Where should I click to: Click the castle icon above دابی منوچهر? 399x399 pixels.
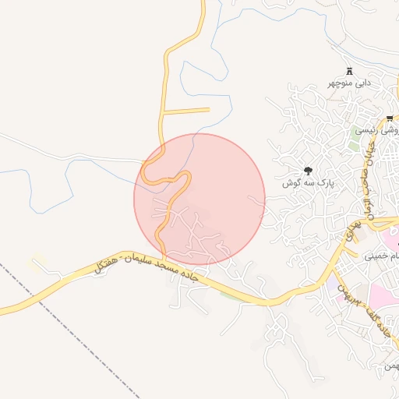(x=348, y=72)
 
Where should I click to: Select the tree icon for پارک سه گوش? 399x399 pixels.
(x=308, y=170)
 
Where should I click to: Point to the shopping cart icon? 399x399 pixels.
(x=390, y=118)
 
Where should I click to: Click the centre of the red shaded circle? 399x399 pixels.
(x=199, y=199)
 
